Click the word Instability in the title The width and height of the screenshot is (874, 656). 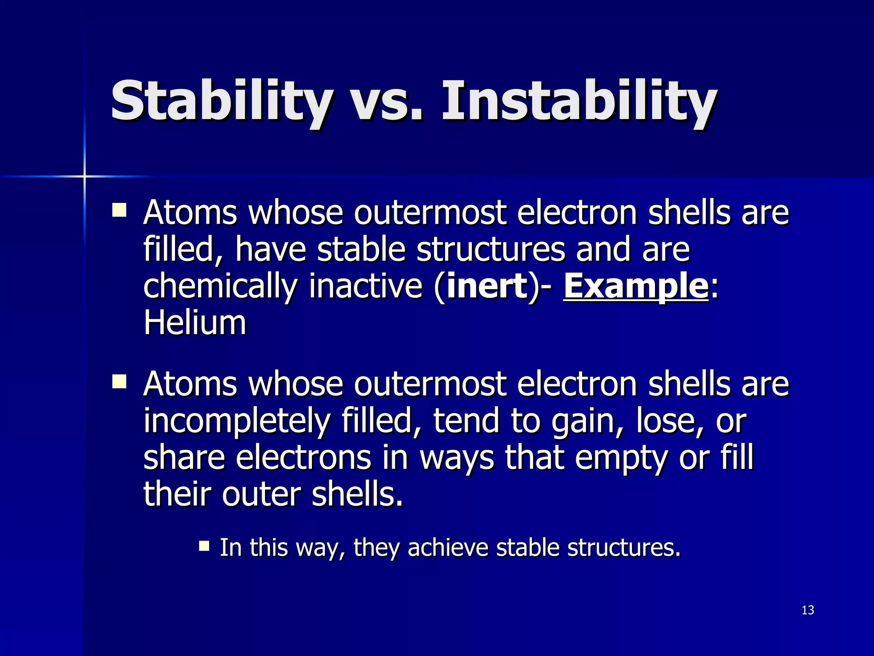(580, 102)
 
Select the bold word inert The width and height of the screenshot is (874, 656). (487, 286)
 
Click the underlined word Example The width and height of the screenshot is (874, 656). (635, 286)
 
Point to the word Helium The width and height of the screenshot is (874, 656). (195, 323)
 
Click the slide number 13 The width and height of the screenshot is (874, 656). (808, 610)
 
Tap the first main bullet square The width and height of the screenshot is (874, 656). (119, 210)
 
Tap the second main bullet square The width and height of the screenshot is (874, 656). (119, 381)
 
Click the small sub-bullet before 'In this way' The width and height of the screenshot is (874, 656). (204, 546)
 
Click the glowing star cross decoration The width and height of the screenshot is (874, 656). (84, 176)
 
